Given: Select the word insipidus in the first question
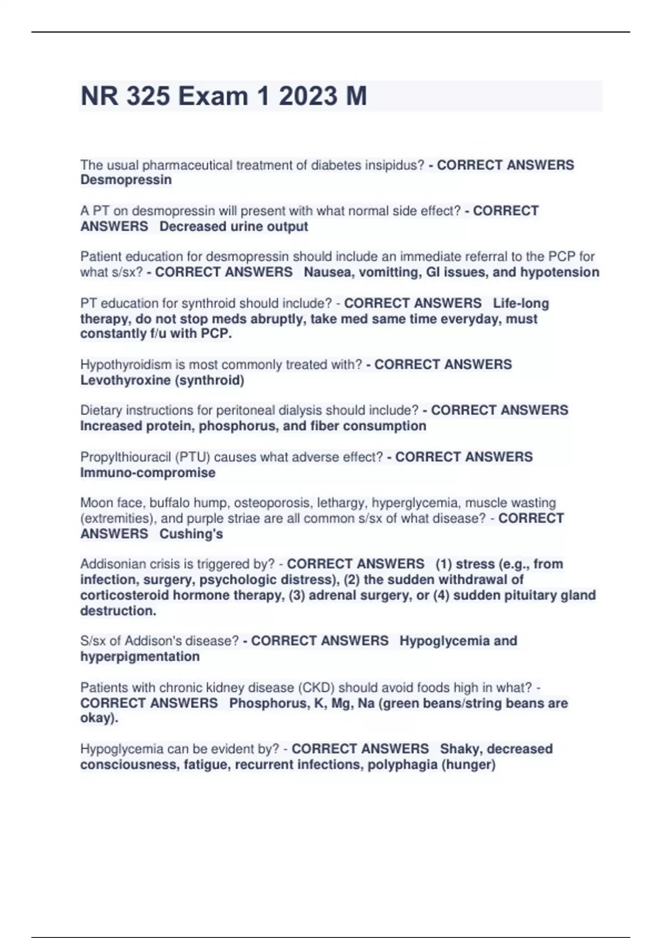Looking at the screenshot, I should pos(396,165).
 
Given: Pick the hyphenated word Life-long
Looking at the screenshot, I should pos(521,303).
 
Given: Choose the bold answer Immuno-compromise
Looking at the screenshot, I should pos(148,472).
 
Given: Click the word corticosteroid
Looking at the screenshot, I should pos(125,595).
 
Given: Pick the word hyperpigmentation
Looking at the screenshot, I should pos(140,657).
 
